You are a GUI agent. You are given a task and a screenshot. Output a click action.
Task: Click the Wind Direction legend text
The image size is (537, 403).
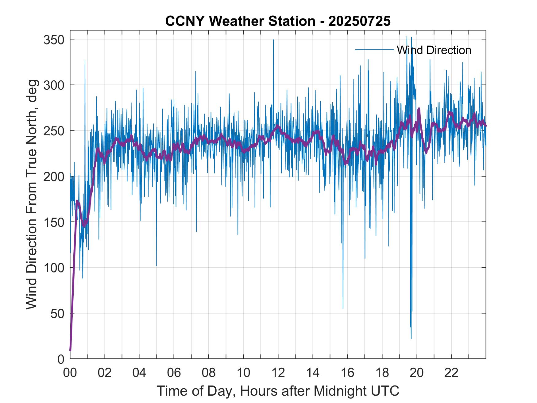[434, 50]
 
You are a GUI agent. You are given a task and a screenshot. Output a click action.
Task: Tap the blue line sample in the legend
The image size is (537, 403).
[374, 49]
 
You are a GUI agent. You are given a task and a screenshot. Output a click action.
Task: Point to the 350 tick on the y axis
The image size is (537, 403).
[54, 40]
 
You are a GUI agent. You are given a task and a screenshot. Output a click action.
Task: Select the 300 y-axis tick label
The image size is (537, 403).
[54, 85]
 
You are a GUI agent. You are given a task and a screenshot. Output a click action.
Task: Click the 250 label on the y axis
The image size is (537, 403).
[54, 131]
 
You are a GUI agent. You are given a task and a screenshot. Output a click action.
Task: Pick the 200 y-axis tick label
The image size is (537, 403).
[54, 177]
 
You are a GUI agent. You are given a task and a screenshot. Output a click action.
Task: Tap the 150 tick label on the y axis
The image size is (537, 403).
[54, 222]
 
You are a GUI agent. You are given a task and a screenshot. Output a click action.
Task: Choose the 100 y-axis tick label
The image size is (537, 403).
[54, 268]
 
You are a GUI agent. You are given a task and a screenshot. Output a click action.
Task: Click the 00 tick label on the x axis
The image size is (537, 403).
[70, 373]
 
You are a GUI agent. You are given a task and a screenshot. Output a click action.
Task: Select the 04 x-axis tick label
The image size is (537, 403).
[139, 373]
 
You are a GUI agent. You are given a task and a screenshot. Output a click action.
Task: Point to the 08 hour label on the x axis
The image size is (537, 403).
[209, 373]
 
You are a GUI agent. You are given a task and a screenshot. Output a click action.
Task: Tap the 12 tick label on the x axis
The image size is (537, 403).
[278, 373]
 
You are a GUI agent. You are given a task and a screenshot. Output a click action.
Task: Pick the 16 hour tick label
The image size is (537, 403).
[347, 373]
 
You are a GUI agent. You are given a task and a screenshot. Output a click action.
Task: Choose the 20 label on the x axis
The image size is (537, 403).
[417, 373]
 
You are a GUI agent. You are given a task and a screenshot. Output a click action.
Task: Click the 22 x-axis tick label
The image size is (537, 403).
[451, 373]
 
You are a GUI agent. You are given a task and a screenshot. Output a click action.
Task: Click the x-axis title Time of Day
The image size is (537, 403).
[278, 391]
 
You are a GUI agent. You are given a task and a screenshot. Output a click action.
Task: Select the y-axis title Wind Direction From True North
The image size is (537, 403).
[32, 194]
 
